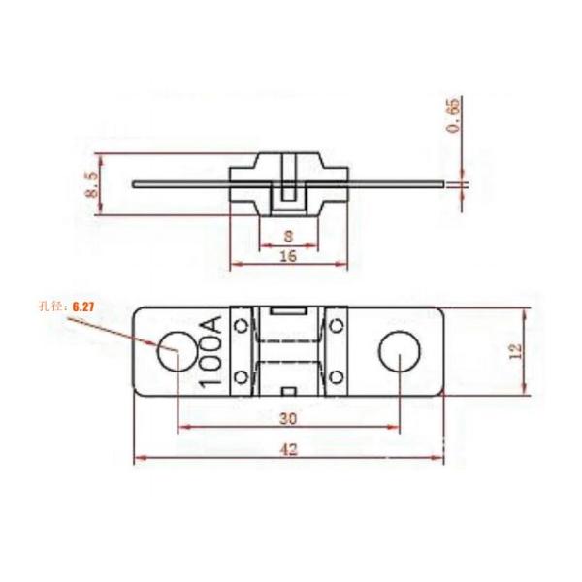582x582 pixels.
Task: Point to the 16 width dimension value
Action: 287,256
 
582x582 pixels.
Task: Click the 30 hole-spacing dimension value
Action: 287,418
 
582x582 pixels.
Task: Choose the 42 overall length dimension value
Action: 288,449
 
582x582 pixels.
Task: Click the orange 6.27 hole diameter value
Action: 85,307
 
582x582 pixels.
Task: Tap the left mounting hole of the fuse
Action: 177,354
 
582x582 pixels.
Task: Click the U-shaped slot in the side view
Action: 287,198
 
